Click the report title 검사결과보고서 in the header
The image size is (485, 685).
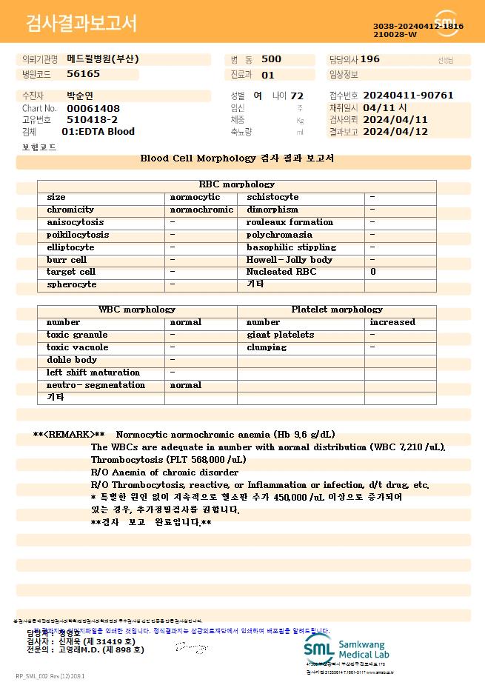[x=81, y=24]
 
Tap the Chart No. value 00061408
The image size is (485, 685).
[x=93, y=108]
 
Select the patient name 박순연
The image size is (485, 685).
[x=80, y=96]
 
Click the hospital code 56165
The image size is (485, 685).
[x=83, y=74]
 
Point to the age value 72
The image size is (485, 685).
[x=297, y=96]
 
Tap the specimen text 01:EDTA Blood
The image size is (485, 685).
[x=98, y=131]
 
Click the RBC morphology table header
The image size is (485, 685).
[x=237, y=184]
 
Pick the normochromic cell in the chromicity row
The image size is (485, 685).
[x=201, y=210]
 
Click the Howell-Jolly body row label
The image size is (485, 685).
[x=289, y=260]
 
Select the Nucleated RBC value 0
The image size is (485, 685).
[x=372, y=272]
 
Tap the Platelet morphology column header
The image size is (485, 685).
[x=337, y=310]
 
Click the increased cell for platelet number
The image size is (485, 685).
[x=392, y=322]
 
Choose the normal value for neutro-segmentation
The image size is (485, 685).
[x=186, y=385]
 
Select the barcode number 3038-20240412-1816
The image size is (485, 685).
[x=418, y=27]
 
